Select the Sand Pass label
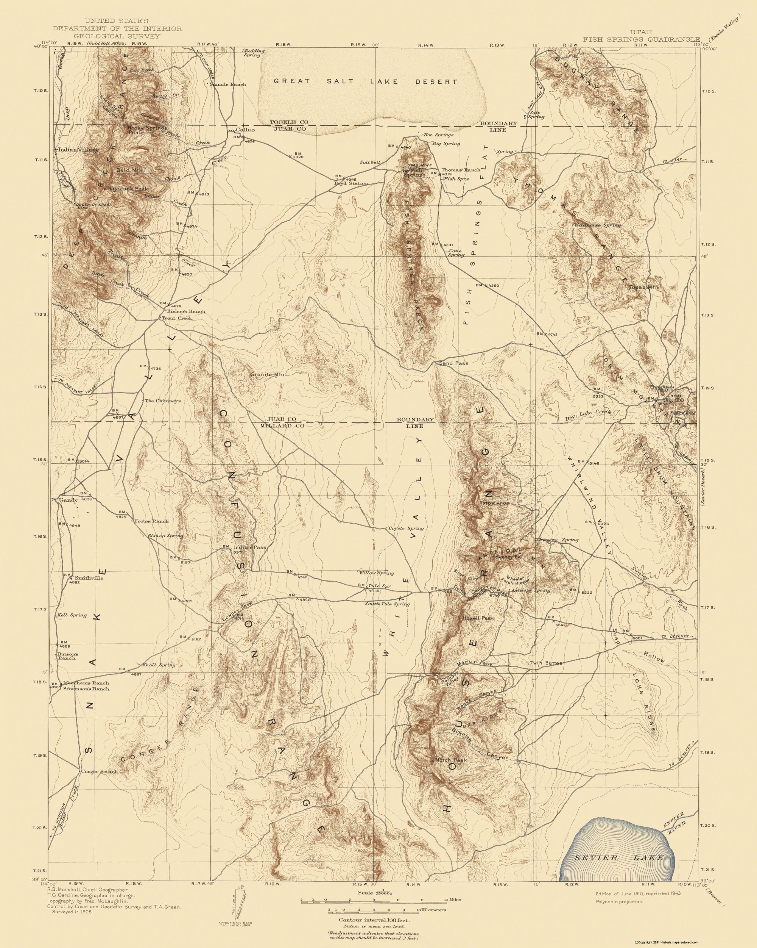[x=454, y=363]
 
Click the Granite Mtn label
[x=268, y=375]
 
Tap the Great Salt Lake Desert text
[x=366, y=81]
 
